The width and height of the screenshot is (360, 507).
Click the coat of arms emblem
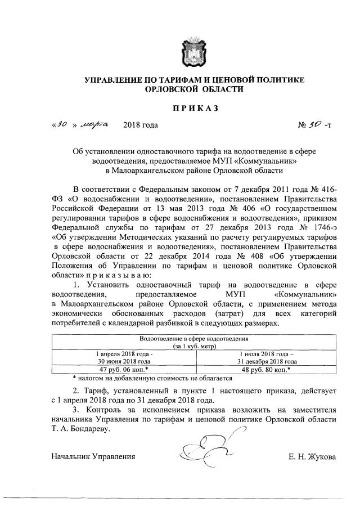pyautogui.click(x=194, y=54)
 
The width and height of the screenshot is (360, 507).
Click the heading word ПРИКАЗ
pyautogui.click(x=194, y=107)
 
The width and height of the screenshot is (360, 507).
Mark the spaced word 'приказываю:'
pyautogui.click(x=118, y=275)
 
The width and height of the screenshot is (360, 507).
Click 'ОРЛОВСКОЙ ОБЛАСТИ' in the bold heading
pyautogui.click(x=195, y=89)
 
